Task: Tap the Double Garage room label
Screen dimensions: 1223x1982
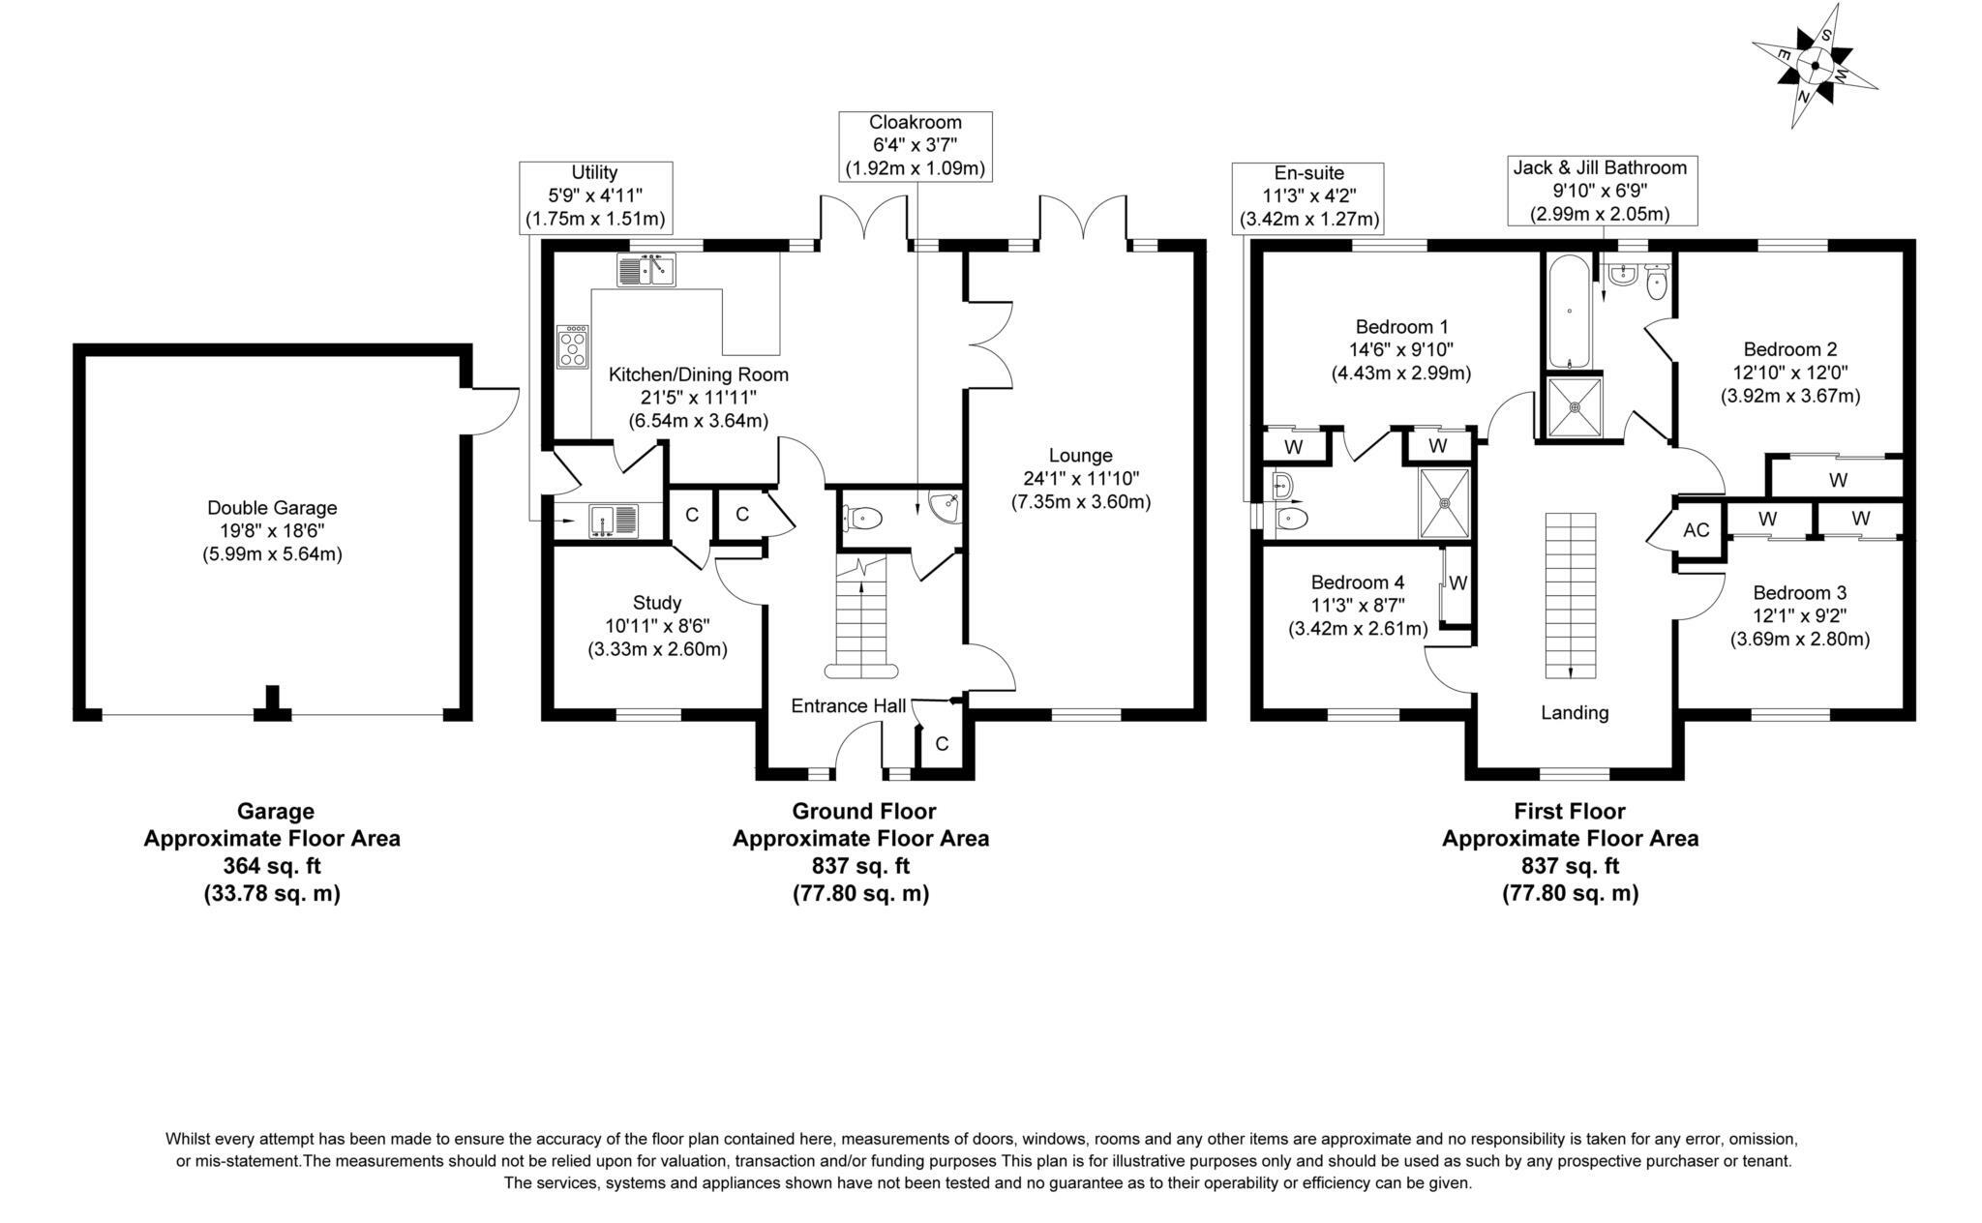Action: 272,508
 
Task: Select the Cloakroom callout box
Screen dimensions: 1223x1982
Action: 915,145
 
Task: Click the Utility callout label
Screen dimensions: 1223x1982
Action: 594,195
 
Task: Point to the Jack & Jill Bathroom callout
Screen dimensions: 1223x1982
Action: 1600,191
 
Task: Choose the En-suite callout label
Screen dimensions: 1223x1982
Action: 1308,196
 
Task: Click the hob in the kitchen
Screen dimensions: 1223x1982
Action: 572,346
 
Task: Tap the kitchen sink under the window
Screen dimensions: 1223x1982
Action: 646,270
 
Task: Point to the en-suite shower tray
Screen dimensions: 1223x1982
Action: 1445,502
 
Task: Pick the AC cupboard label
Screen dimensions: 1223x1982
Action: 1696,530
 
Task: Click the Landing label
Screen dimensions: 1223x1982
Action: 1575,713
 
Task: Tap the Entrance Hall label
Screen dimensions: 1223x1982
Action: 849,705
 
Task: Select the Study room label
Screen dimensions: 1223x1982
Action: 657,602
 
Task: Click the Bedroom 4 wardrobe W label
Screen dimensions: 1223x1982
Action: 1458,583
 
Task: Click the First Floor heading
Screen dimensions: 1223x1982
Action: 1570,811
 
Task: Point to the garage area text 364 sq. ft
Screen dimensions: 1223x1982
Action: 272,866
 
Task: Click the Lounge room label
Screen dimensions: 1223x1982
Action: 1080,455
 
